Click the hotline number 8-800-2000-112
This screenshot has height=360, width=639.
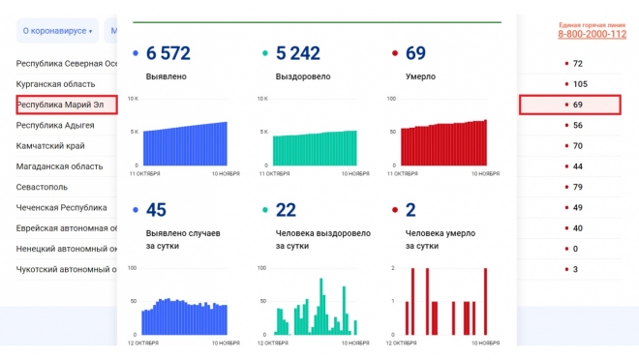[x=592, y=35]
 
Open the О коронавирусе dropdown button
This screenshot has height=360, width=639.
[x=57, y=31]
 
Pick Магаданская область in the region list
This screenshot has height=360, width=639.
[x=59, y=166]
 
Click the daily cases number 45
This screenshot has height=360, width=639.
[x=156, y=210]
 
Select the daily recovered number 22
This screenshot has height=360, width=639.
[x=286, y=210]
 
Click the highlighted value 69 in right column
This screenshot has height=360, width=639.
[x=577, y=105]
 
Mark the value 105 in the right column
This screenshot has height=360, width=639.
[x=580, y=84]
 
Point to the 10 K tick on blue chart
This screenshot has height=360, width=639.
[x=135, y=99]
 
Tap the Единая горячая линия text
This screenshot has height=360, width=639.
[x=592, y=23]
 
